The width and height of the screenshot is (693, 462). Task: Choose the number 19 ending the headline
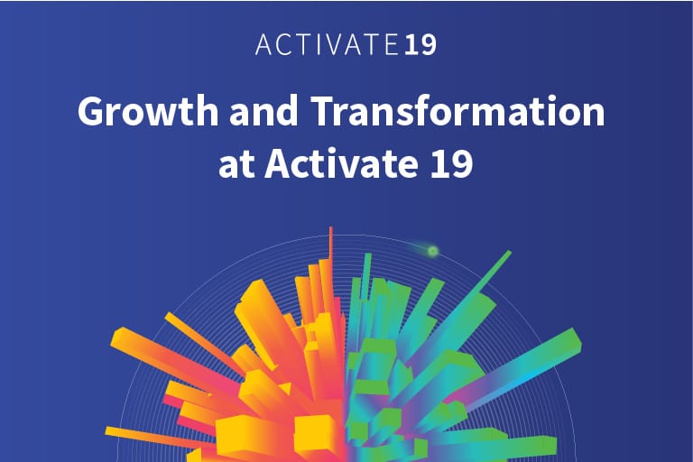(x=452, y=167)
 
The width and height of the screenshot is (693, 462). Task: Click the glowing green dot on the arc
(x=432, y=251)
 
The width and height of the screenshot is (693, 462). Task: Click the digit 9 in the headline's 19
(x=462, y=167)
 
